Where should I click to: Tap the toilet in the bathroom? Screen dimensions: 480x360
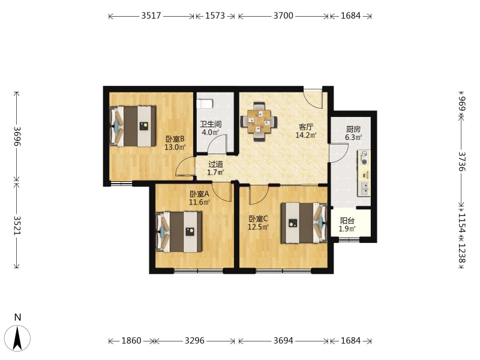[205, 103]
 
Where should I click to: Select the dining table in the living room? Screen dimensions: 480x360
[259, 122]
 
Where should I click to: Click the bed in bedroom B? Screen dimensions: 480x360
[133, 126]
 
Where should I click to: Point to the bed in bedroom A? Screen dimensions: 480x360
[179, 232]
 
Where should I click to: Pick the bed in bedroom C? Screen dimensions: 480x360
[304, 223]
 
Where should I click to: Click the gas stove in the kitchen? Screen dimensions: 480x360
[364, 158]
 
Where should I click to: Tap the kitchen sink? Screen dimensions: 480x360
[364, 188]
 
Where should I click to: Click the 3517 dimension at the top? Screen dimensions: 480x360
[151, 16]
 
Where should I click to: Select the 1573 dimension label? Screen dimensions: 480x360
[215, 16]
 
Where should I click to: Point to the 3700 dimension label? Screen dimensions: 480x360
[283, 16]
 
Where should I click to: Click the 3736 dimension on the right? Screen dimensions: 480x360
[462, 161]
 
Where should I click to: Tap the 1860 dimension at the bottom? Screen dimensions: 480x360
[131, 340]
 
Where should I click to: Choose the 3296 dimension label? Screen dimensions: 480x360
[194, 340]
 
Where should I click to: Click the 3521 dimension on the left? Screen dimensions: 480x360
[17, 226]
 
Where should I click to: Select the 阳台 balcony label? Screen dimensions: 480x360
[347, 221]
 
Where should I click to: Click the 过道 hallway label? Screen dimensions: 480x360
[215, 164]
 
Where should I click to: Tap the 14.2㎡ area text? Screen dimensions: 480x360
[306, 135]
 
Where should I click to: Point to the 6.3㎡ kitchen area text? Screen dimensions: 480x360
[353, 137]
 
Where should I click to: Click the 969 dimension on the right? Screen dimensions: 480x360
[462, 103]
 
